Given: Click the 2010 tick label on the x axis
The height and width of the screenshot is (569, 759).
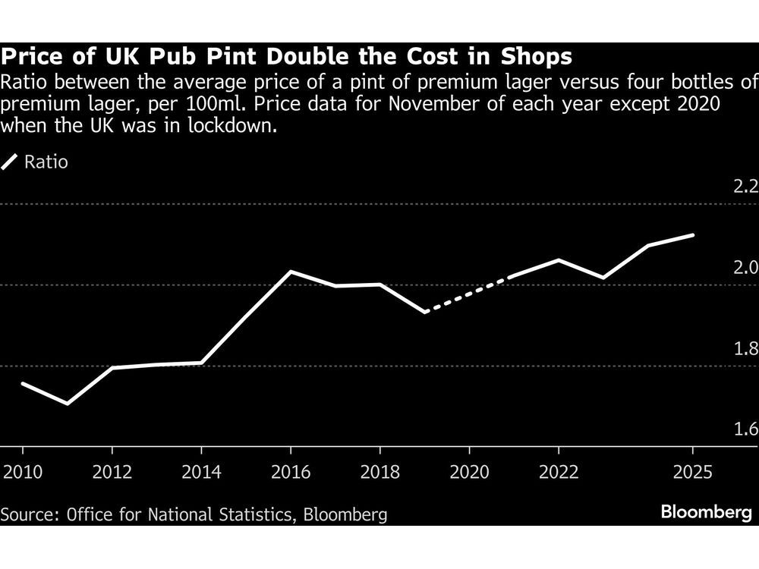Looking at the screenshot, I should coord(22,472).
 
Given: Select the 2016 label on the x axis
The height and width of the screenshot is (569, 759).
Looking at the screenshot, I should coord(291,472).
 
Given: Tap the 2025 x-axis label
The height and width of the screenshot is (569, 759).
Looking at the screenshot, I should coord(693,472).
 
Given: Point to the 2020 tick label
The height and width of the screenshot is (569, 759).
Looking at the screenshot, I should coord(470,472).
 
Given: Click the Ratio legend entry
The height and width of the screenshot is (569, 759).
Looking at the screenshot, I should coord(46,162).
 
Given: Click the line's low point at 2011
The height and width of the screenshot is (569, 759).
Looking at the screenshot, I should coord(67,404).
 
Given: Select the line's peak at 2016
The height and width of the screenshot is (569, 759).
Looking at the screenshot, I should coord(291,271).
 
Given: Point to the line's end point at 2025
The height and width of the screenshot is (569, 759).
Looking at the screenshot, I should coord(693,235).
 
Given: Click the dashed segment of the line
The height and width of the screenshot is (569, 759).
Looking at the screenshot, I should coord(467,294).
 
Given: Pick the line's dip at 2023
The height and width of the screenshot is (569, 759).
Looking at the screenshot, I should coord(603,278).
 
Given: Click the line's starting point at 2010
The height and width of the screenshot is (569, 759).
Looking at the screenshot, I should coord(22,383).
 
